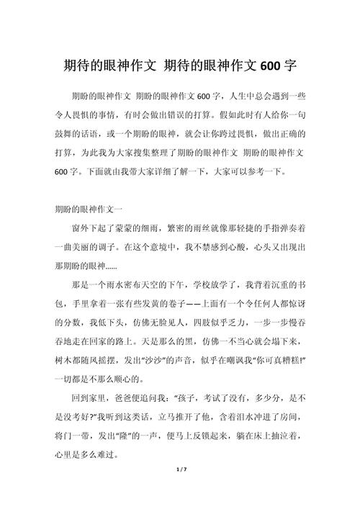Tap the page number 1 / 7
click(180, 490)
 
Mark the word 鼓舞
click(65, 134)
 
